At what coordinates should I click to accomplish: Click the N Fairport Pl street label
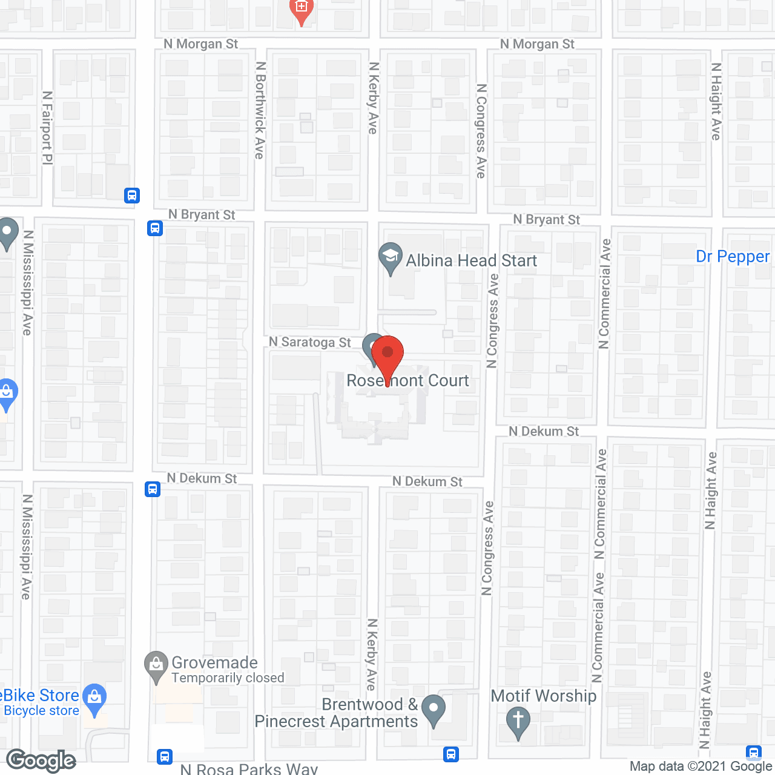coord(47,128)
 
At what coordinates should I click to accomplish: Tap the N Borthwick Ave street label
coord(260,110)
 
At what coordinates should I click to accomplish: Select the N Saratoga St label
coord(309,342)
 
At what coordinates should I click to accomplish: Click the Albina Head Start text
coord(471,260)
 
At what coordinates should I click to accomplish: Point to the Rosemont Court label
coord(407,380)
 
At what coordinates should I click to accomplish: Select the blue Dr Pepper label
coord(733,257)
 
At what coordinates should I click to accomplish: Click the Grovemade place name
coord(214,662)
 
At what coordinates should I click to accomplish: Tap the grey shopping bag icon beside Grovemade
coord(156,665)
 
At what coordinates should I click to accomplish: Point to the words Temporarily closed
coord(228,678)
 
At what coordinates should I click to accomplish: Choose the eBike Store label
coord(40,695)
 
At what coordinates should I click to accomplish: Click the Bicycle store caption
coord(41,711)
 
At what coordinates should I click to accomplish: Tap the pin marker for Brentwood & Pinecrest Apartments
coord(433,708)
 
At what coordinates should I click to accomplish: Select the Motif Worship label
coord(543,696)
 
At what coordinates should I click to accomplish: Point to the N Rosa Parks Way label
coord(249,769)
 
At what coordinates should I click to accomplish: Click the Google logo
coord(41,760)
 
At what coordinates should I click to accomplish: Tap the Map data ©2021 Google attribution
coord(701,767)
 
